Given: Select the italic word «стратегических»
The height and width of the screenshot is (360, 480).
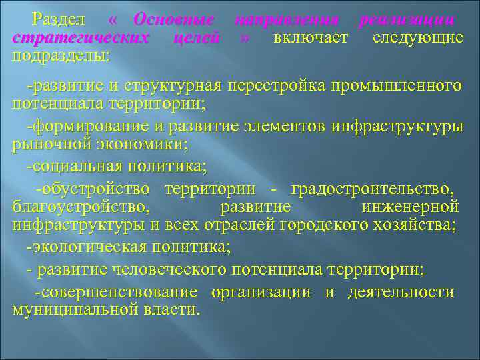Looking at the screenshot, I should click(x=81, y=38).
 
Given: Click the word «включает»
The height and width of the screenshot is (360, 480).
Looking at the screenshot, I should click(x=310, y=38).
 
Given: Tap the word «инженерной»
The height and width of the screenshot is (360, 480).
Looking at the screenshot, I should click(x=411, y=207).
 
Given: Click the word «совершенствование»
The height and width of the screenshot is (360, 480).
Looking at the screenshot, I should click(x=118, y=293).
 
